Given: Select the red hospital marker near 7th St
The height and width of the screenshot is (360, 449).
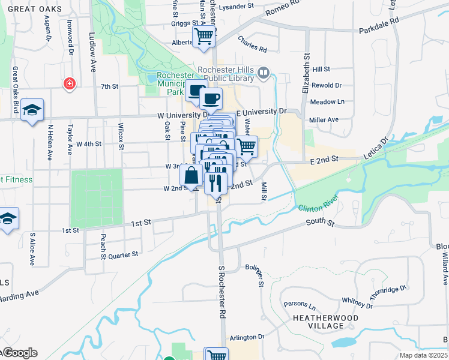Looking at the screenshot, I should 70,83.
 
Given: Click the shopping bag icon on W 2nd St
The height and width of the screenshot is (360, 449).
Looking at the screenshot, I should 191,175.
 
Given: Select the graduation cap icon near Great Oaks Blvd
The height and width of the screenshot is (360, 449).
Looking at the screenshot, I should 32,109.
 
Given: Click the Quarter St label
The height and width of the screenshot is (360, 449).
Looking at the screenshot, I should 124,254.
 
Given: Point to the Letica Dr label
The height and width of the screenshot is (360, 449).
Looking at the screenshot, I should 376,148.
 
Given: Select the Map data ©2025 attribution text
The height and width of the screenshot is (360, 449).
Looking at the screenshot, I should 423,355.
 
